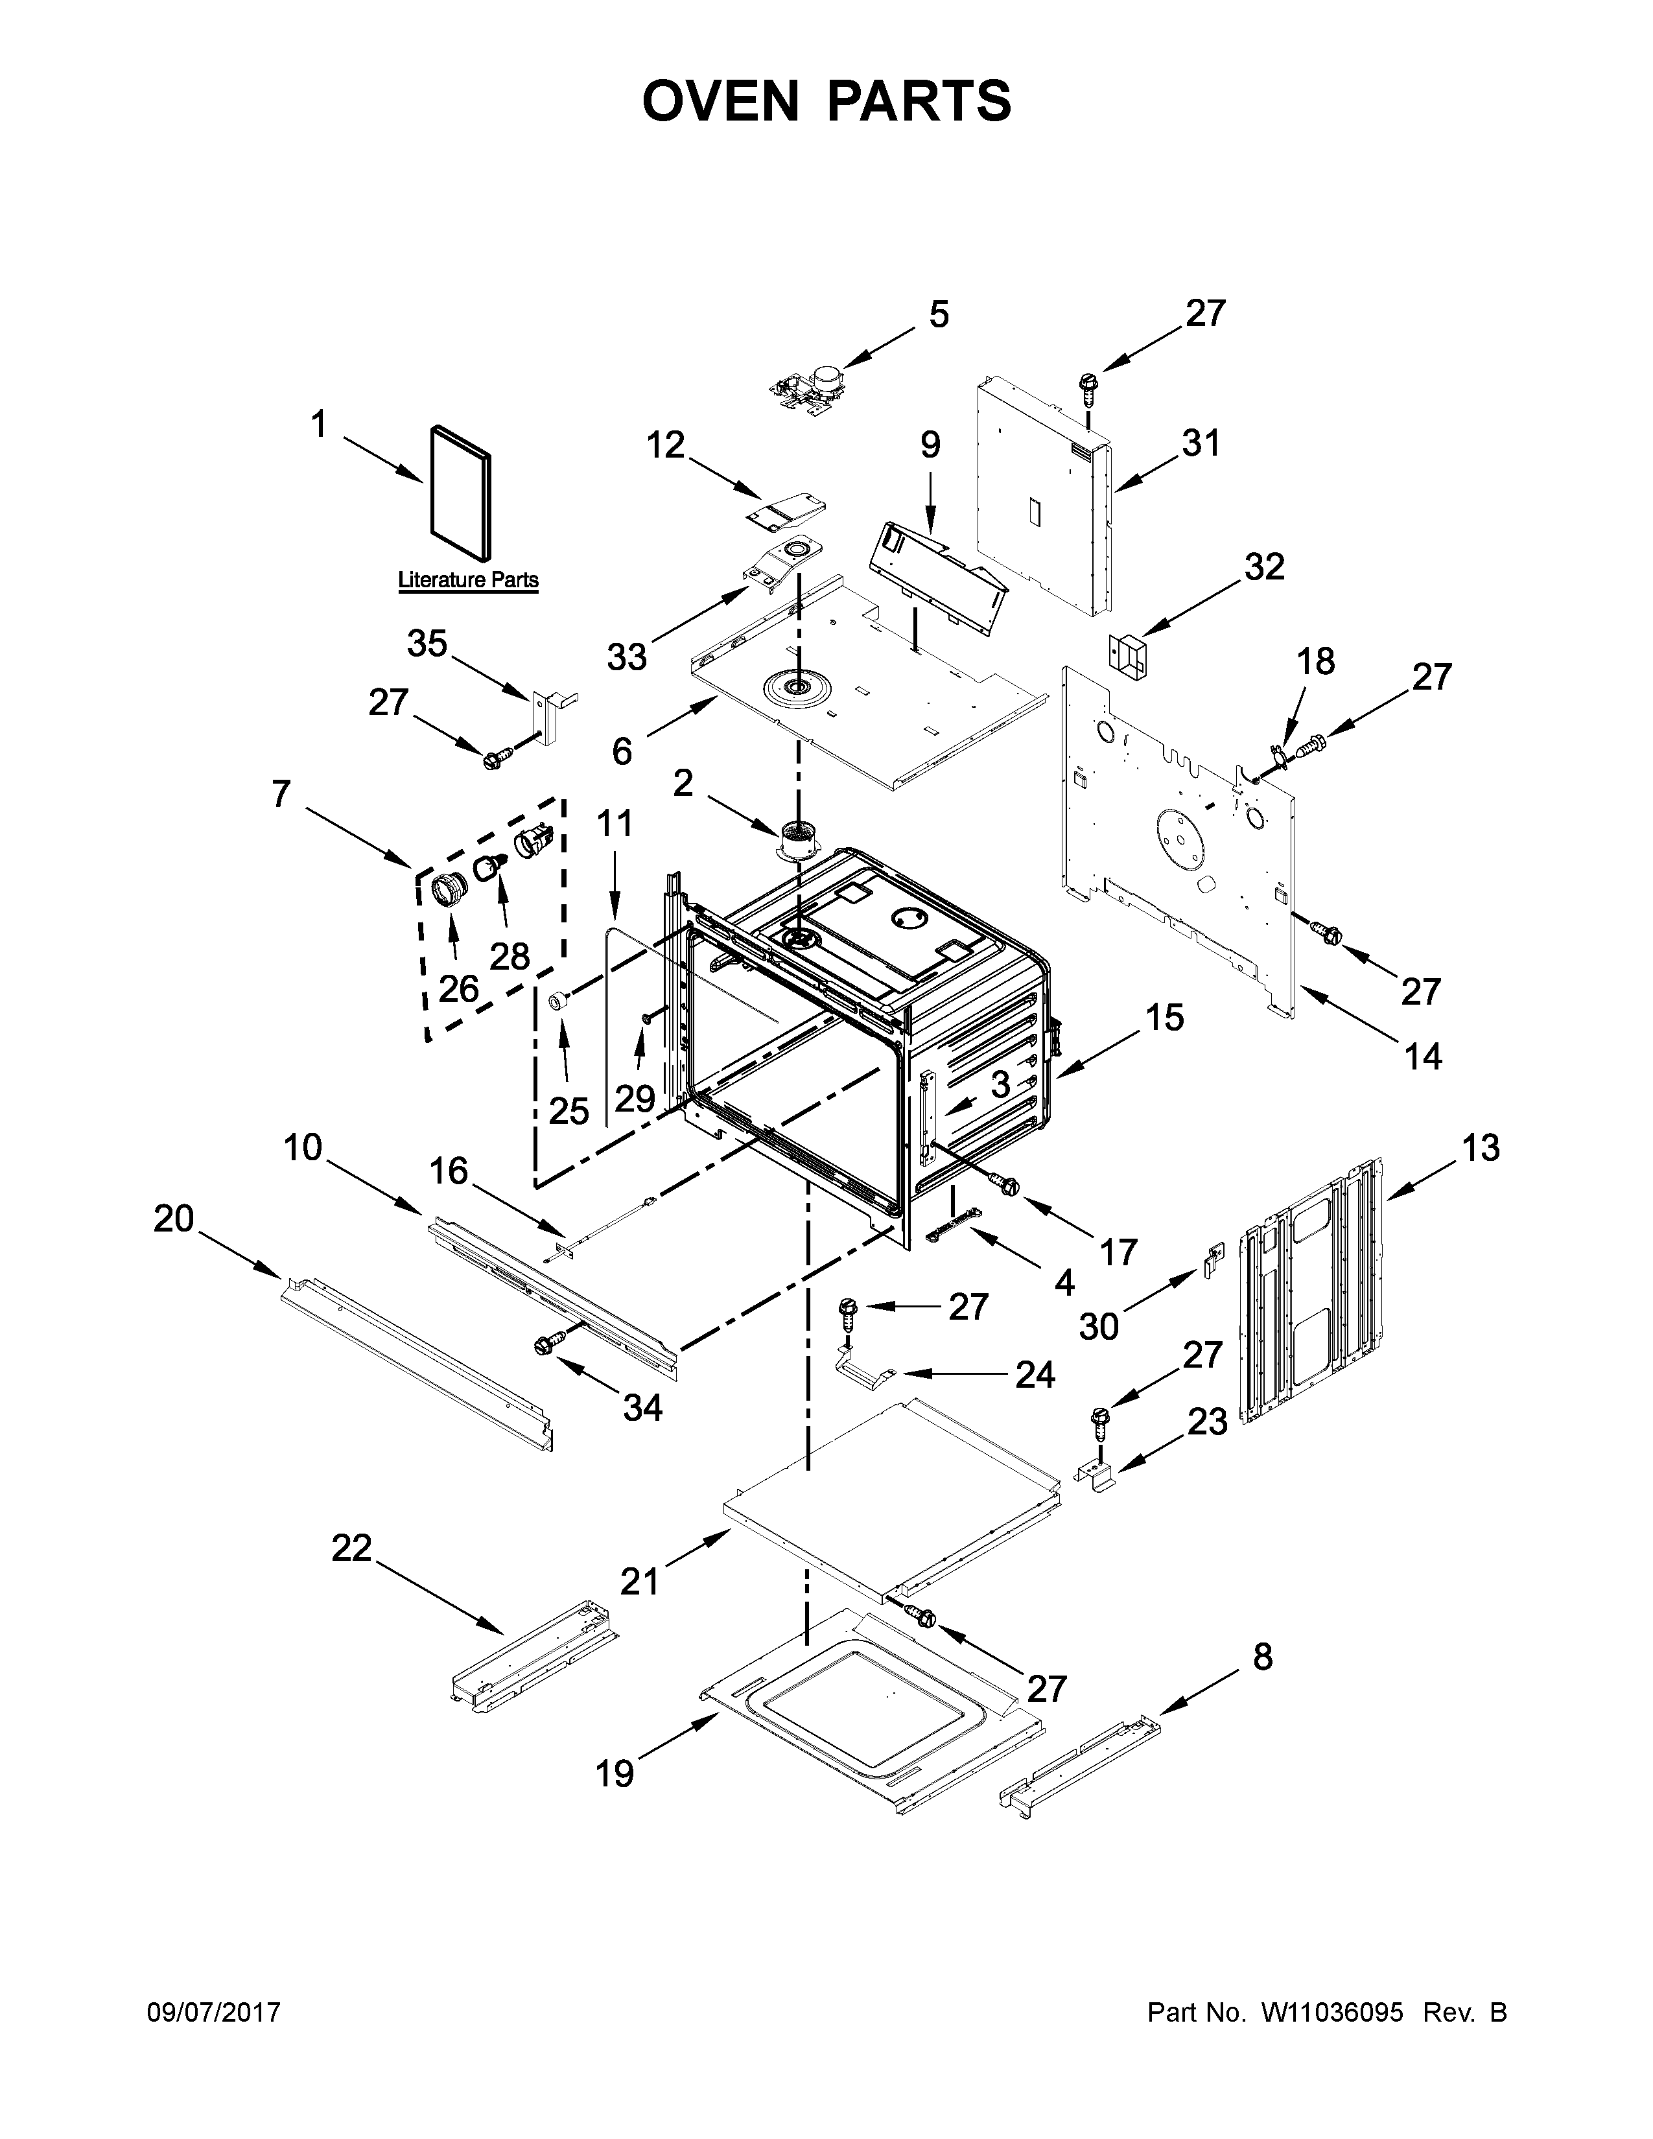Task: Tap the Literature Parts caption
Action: point(467,580)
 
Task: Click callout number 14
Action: point(1422,1056)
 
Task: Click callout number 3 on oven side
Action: point(1000,1084)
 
